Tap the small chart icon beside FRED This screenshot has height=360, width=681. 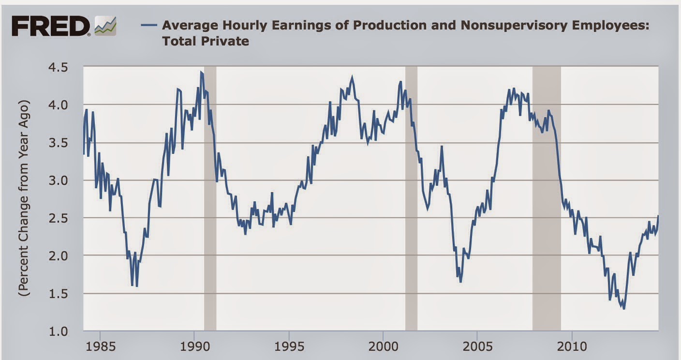(x=105, y=26)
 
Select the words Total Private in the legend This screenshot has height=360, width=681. (x=206, y=41)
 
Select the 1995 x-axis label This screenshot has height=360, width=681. (x=289, y=347)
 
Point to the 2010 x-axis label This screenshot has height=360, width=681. (x=572, y=347)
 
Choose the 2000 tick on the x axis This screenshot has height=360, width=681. (x=383, y=347)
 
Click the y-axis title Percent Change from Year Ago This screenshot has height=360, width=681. (x=24, y=198)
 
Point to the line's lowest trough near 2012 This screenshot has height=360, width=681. (x=624, y=308)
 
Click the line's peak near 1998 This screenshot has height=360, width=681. (x=352, y=77)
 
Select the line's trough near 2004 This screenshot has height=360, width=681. (x=460, y=281)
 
